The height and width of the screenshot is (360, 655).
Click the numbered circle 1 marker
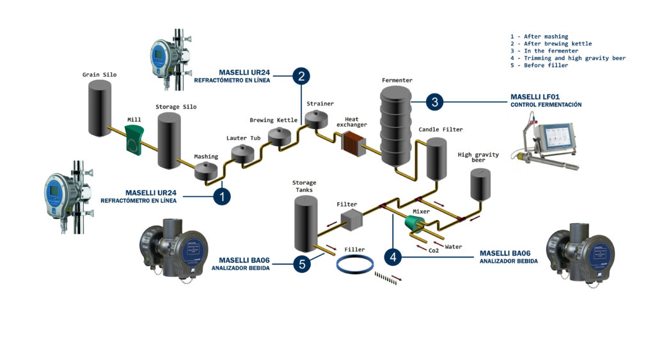(221, 196)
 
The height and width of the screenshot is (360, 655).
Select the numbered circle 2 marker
(301, 77)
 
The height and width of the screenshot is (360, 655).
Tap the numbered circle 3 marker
(434, 101)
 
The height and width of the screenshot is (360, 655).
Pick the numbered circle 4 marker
(393, 256)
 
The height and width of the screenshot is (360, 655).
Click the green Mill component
(134, 139)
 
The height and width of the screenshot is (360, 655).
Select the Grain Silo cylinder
(100, 109)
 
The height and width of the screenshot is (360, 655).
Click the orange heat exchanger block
(351, 143)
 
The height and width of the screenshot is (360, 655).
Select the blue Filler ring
(356, 264)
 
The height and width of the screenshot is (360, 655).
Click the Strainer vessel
(317, 118)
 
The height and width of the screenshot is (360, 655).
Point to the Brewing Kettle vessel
(280, 136)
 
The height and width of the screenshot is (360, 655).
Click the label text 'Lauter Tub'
(244, 138)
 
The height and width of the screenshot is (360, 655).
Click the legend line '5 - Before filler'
(539, 65)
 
